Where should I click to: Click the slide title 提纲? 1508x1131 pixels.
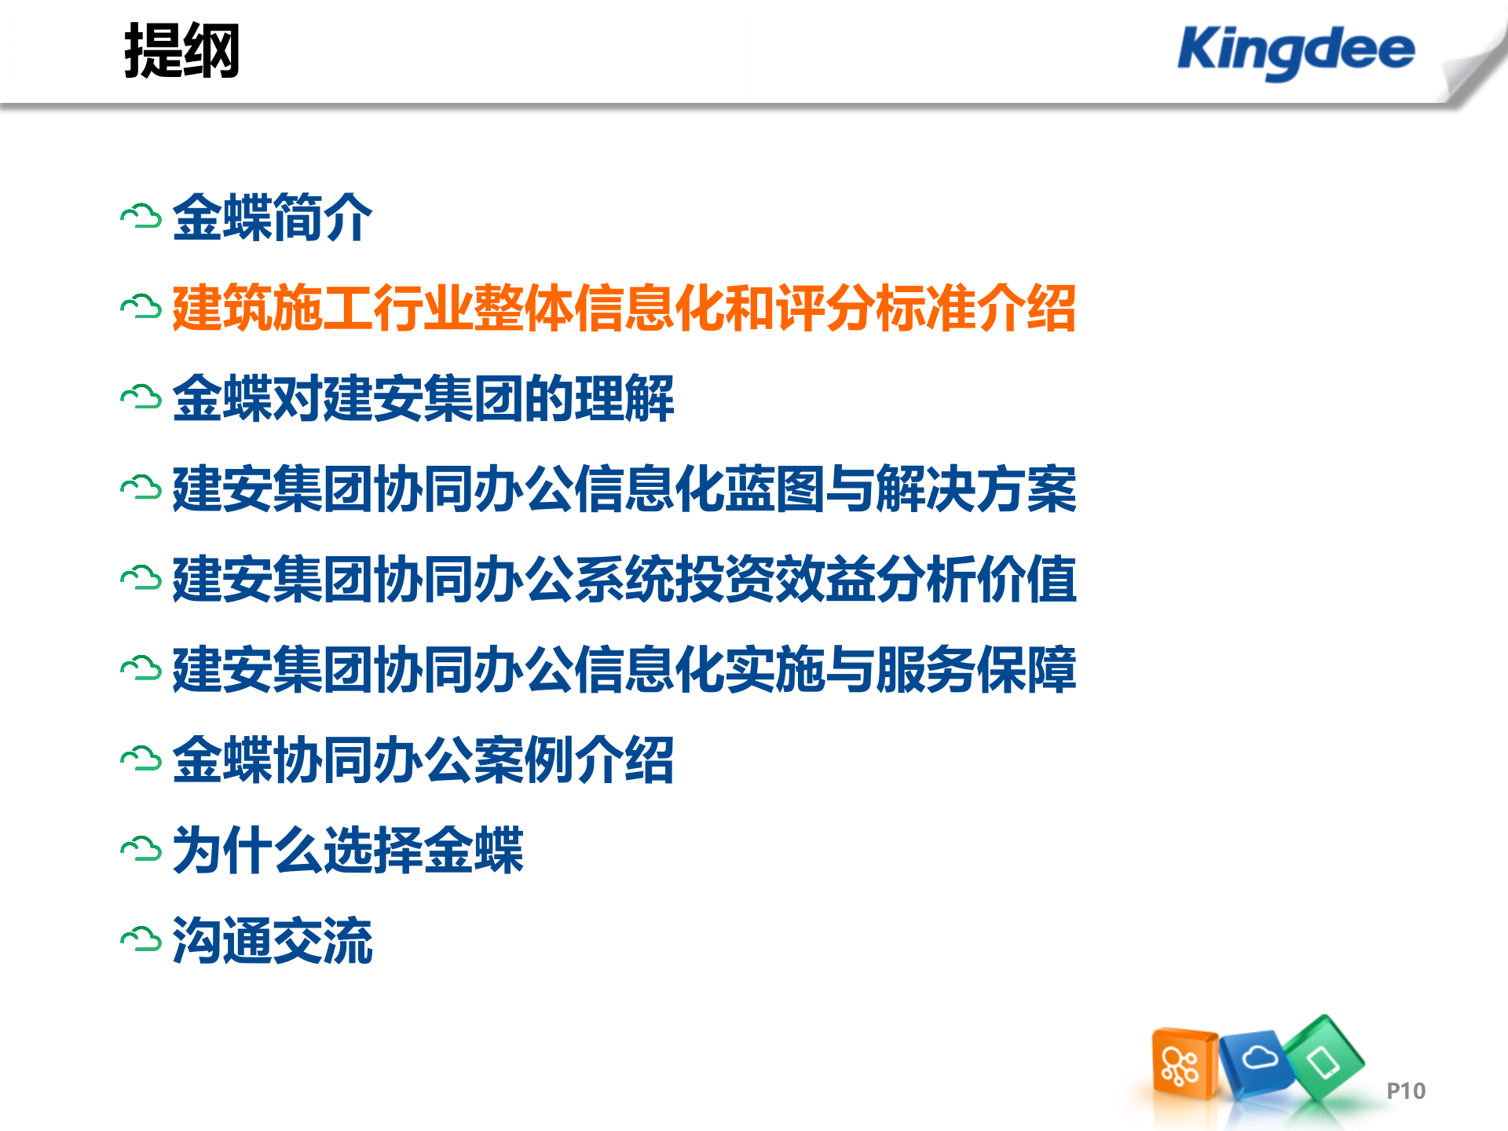coord(181,51)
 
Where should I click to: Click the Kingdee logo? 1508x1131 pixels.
coord(1296,51)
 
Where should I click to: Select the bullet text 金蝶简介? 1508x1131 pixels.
coord(272,218)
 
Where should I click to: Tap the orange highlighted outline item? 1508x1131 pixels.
coord(624,308)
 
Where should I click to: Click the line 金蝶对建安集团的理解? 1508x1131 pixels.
coord(423,398)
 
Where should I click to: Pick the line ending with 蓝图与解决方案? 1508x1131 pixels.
coord(624,489)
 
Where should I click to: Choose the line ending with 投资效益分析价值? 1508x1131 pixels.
coord(624,579)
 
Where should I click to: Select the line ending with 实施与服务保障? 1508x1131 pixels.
coord(624,669)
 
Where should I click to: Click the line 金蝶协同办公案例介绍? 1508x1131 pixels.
coord(423,759)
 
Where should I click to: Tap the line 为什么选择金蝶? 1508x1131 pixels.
coord(347,850)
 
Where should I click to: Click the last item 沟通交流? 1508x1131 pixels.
coord(272,940)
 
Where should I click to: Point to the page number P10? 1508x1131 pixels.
coord(1405,1091)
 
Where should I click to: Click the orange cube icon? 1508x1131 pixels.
coord(1183,1064)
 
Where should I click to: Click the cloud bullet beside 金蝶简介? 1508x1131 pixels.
coord(141,218)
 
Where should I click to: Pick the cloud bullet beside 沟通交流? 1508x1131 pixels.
coord(141,940)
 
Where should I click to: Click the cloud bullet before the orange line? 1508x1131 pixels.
coord(141,308)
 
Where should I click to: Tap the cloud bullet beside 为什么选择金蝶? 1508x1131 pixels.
coord(141,850)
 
